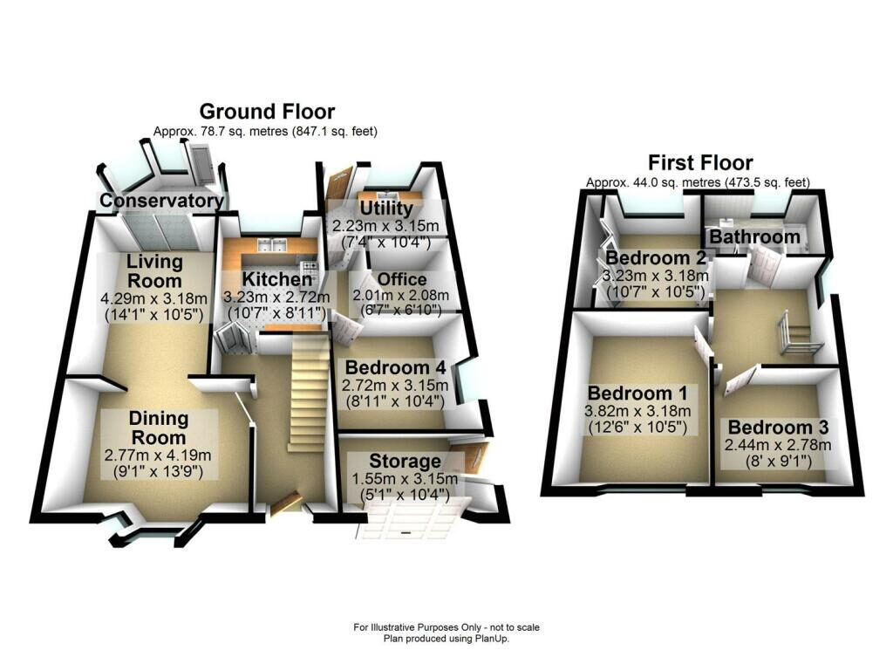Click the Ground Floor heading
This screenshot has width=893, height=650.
[x=267, y=112]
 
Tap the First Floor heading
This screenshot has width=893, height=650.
[x=699, y=163]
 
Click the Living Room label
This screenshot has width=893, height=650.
[x=154, y=270]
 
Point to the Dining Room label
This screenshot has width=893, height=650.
[x=158, y=428]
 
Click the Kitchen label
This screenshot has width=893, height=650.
[x=276, y=279]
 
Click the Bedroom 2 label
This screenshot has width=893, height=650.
[x=655, y=258]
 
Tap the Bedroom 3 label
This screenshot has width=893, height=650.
[x=778, y=428]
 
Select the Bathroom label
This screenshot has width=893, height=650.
[x=754, y=236]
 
